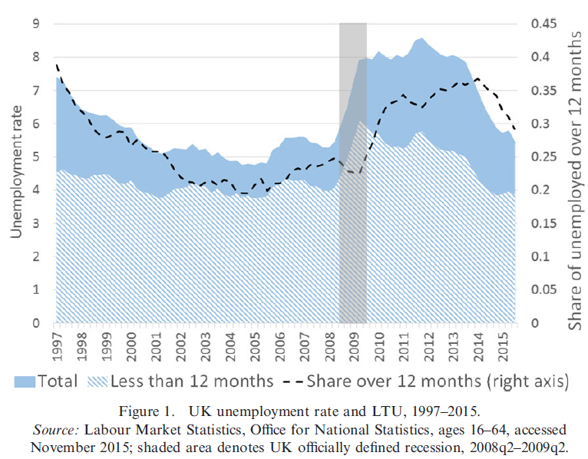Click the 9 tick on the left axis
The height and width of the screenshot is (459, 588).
[36, 23]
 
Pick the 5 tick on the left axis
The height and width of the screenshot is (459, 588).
[36, 157]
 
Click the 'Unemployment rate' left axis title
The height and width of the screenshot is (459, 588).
[15, 173]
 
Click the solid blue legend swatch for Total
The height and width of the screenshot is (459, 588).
[25, 381]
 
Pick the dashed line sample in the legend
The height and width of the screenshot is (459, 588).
[295, 381]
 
